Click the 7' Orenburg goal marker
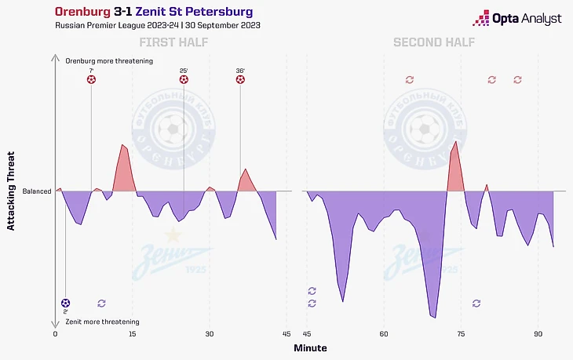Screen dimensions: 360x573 (91, 79)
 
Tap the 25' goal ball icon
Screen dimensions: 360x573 (184, 79)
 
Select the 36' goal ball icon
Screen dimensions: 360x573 (240, 79)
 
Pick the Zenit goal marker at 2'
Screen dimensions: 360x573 (65, 303)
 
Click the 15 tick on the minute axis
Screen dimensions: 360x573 (133, 333)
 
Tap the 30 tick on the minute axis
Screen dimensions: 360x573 (210, 333)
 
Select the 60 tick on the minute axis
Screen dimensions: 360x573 (383, 333)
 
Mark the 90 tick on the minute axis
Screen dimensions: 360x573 (538, 333)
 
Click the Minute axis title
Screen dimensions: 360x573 (310, 347)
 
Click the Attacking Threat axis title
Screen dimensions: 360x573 (11, 191)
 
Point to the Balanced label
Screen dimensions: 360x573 (37, 191)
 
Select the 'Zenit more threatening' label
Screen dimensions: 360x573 (103, 322)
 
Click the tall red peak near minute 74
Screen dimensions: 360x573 (454, 165)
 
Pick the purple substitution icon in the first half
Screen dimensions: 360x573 (101, 303)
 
